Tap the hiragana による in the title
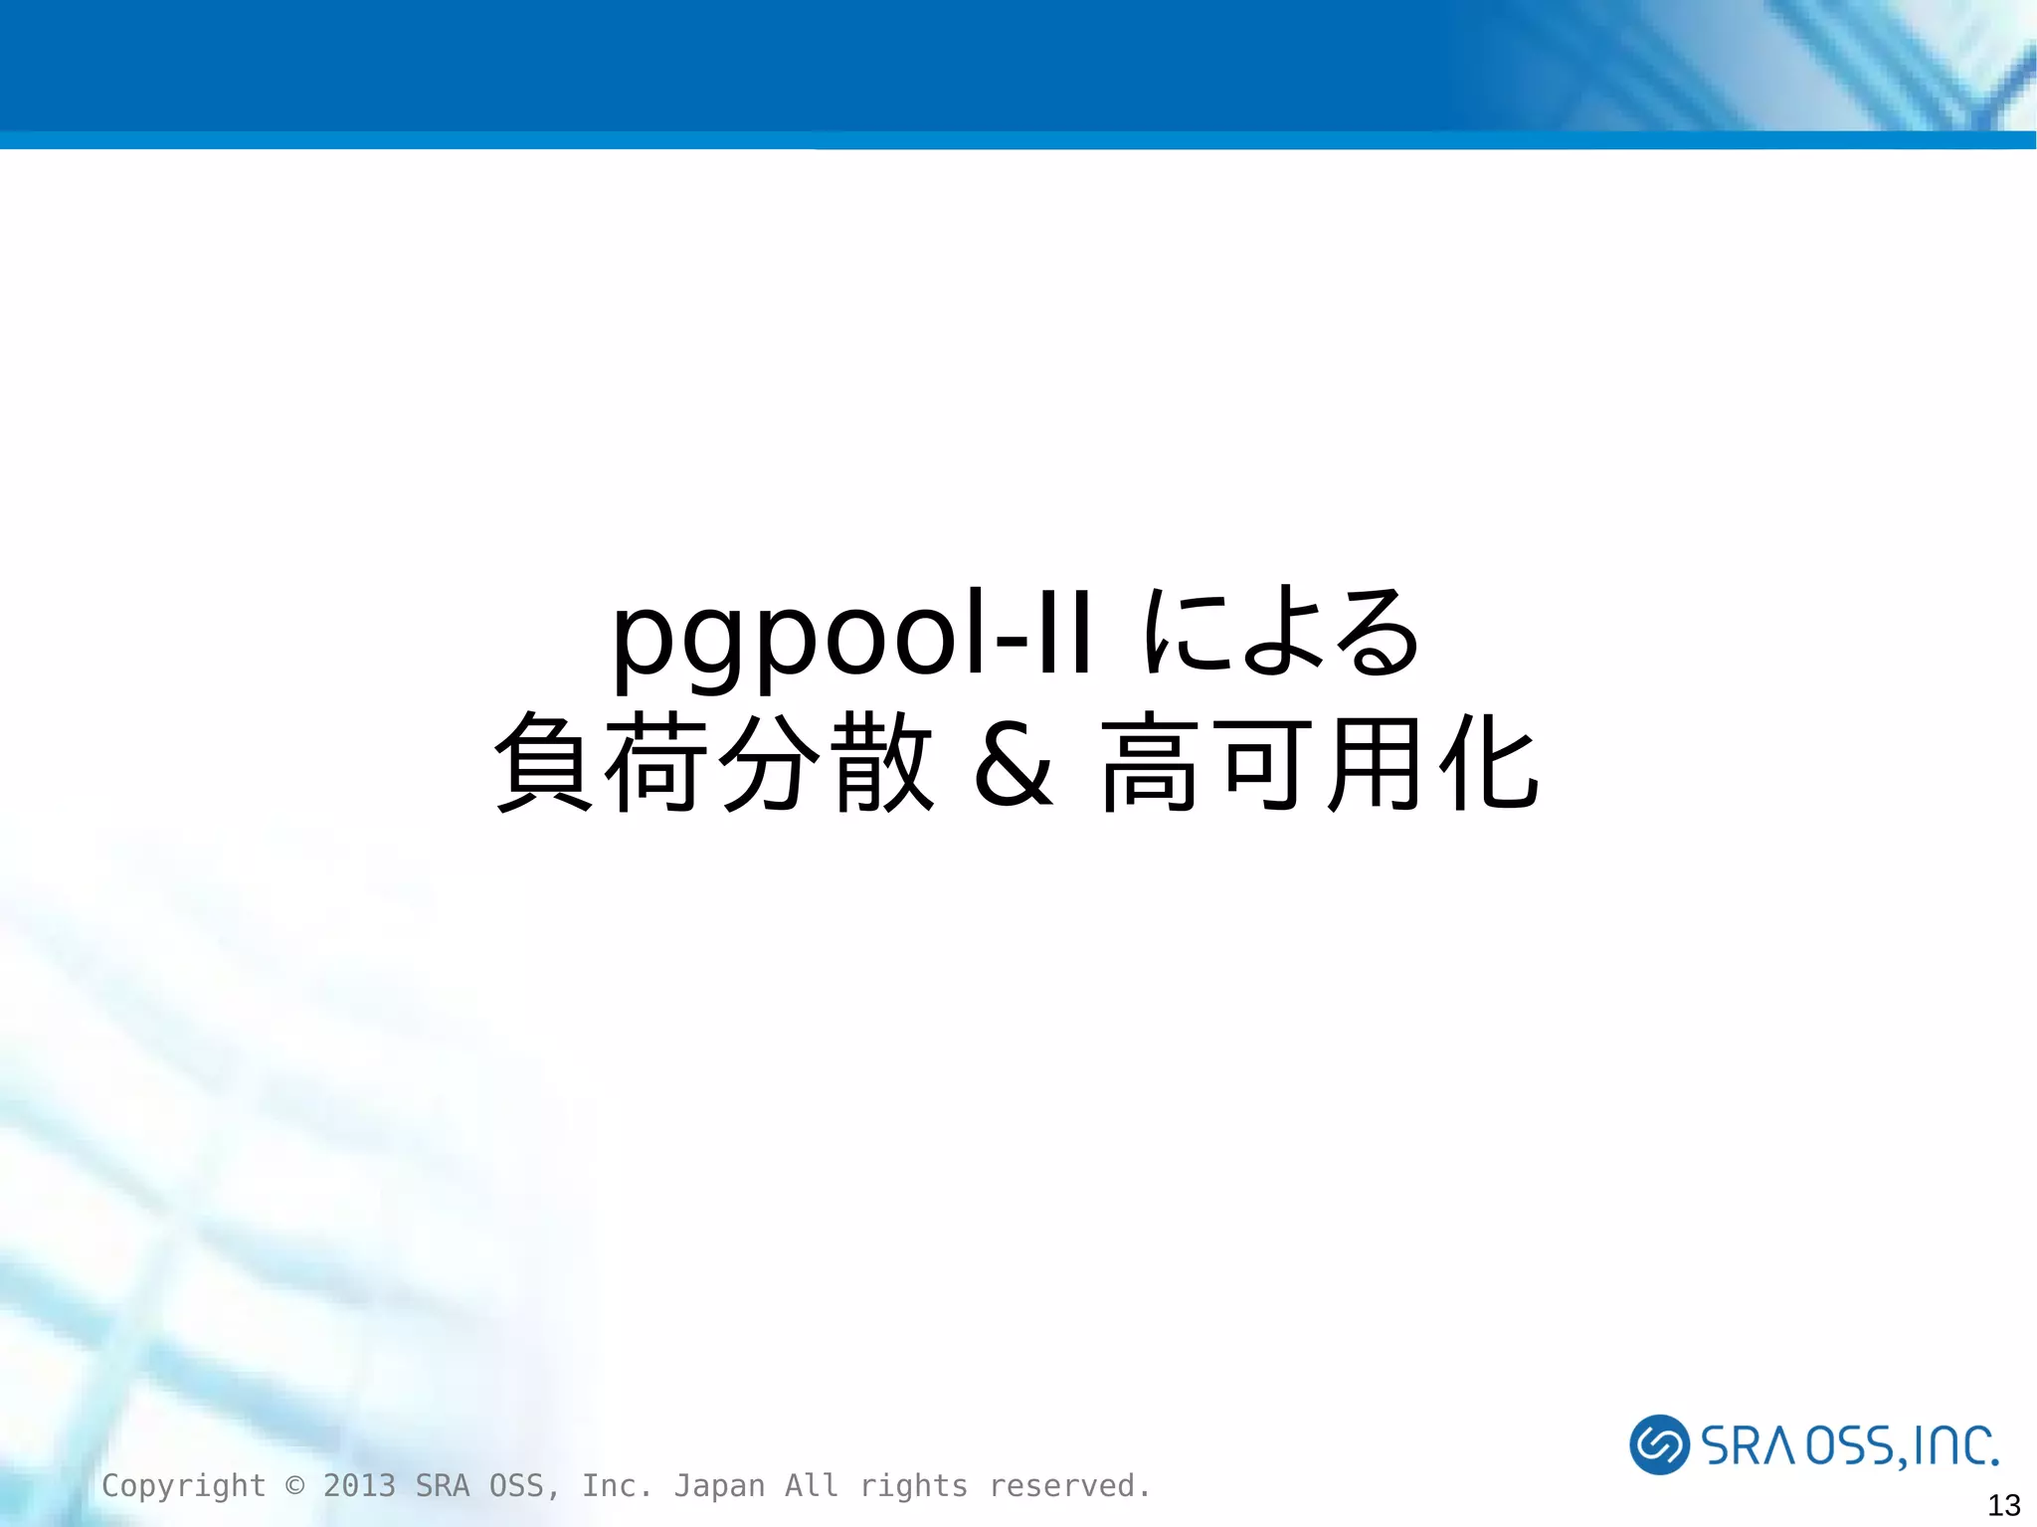pyautogui.click(x=1281, y=632)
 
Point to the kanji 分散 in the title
pyautogui.click(x=826, y=762)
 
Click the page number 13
pyautogui.click(x=2003, y=1505)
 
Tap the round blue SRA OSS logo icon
pyautogui.click(x=1659, y=1443)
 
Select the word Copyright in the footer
pyautogui.click(x=184, y=1485)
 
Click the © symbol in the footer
pyautogui.click(x=294, y=1485)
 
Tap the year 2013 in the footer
pyautogui.click(x=359, y=1485)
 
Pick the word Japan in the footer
pyautogui.click(x=719, y=1485)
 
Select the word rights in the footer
pyautogui.click(x=913, y=1485)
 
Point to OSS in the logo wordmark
pyautogui.click(x=1850, y=1445)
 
